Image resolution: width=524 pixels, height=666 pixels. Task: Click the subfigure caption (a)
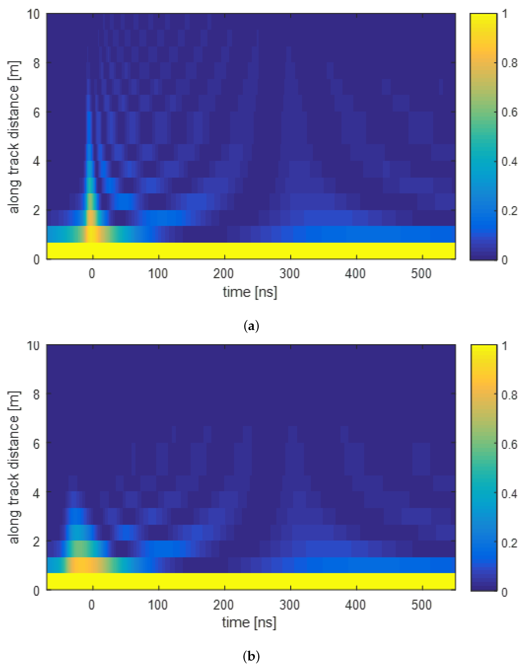point(251,326)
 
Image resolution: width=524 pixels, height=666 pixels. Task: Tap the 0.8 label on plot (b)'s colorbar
point(509,395)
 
